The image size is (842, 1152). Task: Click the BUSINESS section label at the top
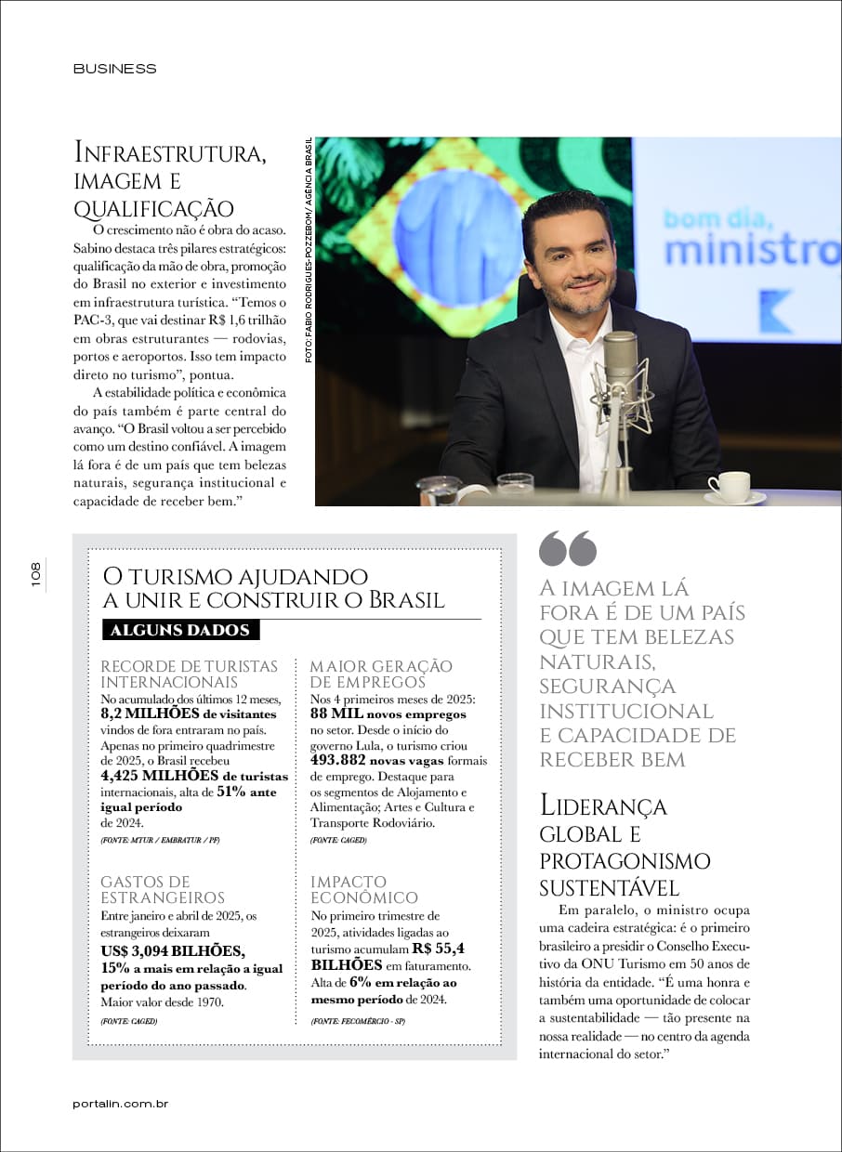tap(114, 69)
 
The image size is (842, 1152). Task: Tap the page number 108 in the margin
tap(35, 574)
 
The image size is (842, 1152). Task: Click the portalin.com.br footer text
tap(120, 1103)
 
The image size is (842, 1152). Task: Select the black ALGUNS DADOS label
tap(180, 630)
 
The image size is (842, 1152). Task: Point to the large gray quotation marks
tap(567, 548)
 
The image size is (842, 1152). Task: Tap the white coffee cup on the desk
tap(731, 486)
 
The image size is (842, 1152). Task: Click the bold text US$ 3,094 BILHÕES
tap(173, 950)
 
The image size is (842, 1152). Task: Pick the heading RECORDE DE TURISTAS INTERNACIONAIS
tap(189, 674)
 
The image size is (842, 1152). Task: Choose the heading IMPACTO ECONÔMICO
tap(363, 889)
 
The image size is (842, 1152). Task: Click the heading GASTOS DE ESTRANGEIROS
tap(162, 889)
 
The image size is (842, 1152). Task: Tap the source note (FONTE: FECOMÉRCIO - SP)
tap(358, 1021)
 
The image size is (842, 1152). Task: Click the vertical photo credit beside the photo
tap(308, 251)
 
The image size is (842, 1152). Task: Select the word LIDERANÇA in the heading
tap(603, 806)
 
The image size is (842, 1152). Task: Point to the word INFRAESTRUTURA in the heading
tap(170, 152)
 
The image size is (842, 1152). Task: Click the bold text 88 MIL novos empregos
tap(388, 714)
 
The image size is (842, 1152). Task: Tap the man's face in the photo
tap(568, 255)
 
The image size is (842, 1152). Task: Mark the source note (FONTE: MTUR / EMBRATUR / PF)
tap(160, 839)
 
